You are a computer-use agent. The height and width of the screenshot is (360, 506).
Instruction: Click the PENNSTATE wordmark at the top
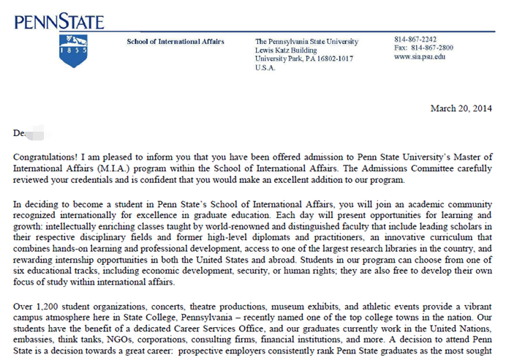pyautogui.click(x=59, y=21)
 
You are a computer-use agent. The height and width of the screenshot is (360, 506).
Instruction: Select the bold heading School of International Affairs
pyautogui.click(x=175, y=41)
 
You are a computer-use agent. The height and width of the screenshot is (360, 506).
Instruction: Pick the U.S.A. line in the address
pyautogui.click(x=265, y=67)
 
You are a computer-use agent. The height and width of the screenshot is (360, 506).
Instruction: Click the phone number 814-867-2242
pyautogui.click(x=415, y=39)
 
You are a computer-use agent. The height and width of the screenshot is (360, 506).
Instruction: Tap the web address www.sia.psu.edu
pyautogui.click(x=419, y=56)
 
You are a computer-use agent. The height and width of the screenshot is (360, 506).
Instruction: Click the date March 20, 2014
pyautogui.click(x=461, y=108)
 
